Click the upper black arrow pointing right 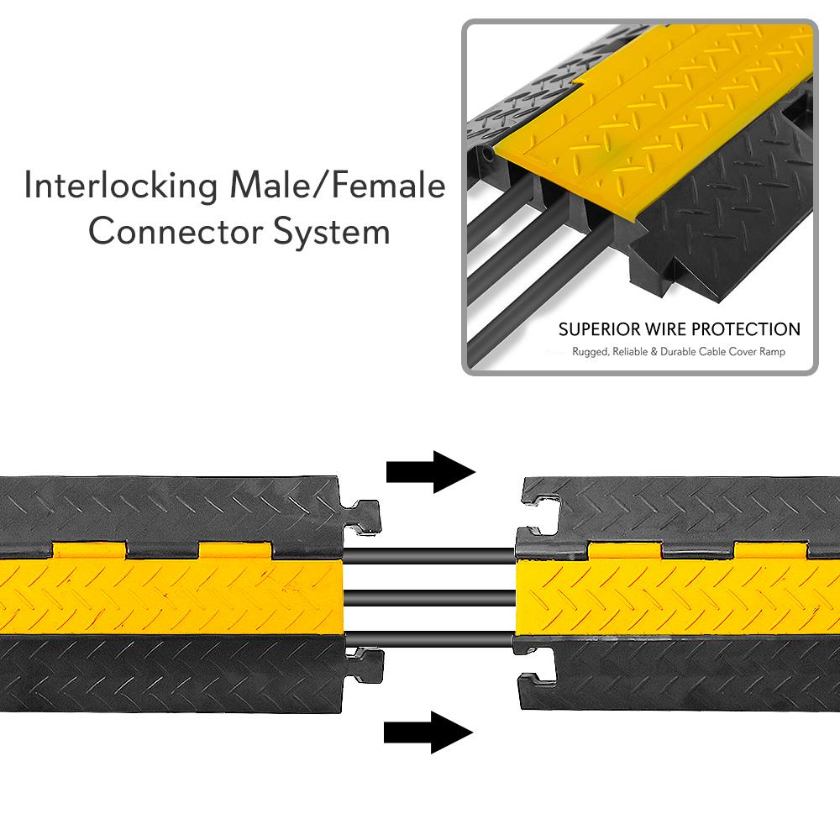click(430, 471)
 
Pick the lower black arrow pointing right click(428, 732)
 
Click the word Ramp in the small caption click(772, 352)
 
